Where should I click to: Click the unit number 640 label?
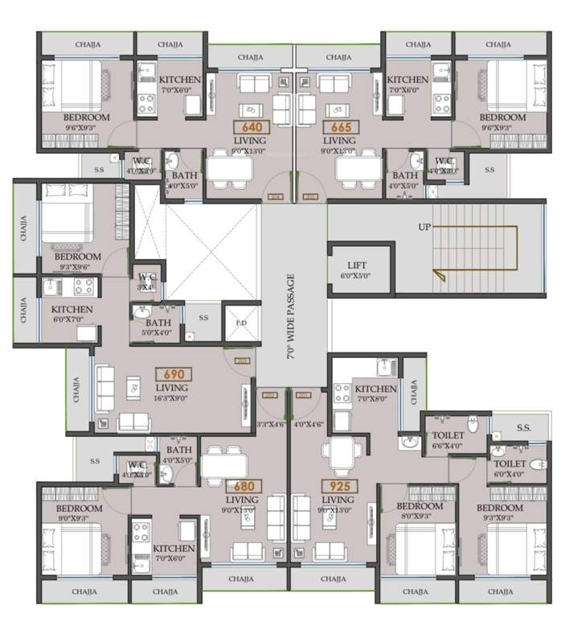click(247, 127)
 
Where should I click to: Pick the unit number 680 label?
click(242, 486)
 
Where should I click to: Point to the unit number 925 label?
click(334, 486)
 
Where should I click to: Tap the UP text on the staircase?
click(424, 227)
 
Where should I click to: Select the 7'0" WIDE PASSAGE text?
click(293, 317)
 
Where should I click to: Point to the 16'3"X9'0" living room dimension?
click(173, 398)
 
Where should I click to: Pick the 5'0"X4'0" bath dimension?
click(158, 332)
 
